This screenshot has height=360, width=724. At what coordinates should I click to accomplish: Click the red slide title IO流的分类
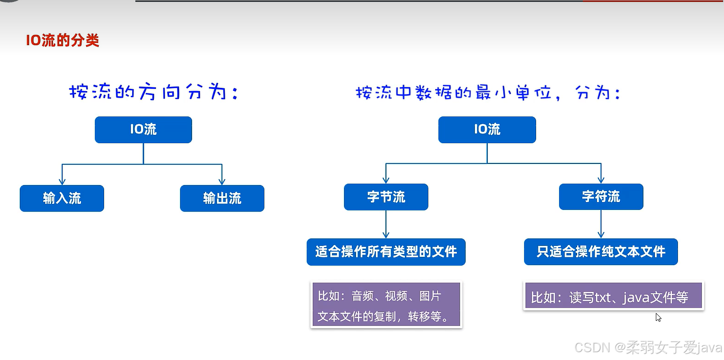click(62, 40)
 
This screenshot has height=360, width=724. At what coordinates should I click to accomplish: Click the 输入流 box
click(62, 198)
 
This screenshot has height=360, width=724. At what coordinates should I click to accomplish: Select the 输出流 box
click(222, 198)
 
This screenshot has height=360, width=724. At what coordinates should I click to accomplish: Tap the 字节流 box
click(386, 197)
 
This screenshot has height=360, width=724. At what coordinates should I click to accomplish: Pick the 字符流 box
click(601, 197)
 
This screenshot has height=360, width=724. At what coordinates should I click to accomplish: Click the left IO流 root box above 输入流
click(143, 130)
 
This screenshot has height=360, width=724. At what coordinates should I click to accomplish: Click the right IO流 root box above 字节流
click(487, 130)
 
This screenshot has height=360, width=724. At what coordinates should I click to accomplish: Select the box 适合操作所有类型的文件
click(386, 252)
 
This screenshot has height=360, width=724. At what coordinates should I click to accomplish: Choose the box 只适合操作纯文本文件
click(601, 252)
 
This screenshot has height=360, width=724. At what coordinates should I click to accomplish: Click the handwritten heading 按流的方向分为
click(153, 92)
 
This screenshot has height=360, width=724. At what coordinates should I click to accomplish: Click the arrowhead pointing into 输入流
click(62, 181)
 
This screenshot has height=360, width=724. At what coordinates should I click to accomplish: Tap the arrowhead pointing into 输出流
click(222, 181)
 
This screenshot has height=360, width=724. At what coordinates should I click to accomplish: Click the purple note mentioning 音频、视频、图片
click(386, 305)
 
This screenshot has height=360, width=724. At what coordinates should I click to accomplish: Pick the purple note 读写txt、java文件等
click(613, 296)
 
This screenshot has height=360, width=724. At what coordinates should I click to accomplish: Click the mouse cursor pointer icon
click(658, 317)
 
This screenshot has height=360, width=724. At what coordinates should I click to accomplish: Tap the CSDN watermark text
click(648, 348)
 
